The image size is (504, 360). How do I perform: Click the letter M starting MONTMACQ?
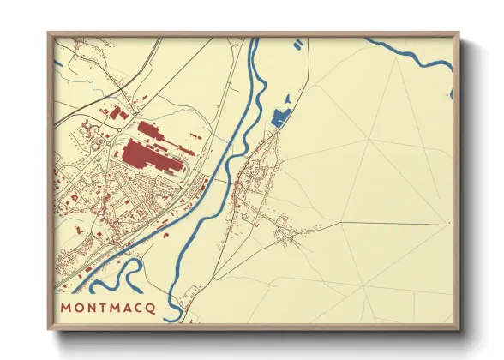[65, 307]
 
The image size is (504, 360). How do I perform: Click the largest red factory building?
[151, 158]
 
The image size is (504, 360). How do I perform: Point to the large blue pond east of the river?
[279, 118]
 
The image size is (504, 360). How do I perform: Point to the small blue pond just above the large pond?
[289, 100]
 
